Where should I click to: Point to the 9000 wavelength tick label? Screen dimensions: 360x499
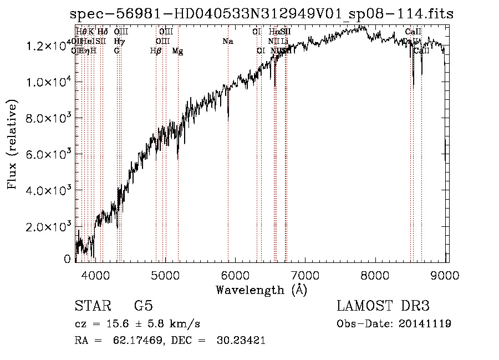click(x=447, y=275)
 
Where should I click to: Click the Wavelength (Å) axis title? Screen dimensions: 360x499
click(x=261, y=290)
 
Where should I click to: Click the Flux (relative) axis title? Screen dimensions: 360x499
click(x=12, y=144)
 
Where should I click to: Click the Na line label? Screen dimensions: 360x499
click(x=227, y=41)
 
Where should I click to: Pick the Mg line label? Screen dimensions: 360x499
click(x=177, y=51)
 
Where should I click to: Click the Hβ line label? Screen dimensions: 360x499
click(x=156, y=51)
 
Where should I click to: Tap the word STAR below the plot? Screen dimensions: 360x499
click(x=91, y=306)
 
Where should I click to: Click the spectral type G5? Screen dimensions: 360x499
click(x=143, y=306)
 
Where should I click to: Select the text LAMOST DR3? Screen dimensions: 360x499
click(x=383, y=306)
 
